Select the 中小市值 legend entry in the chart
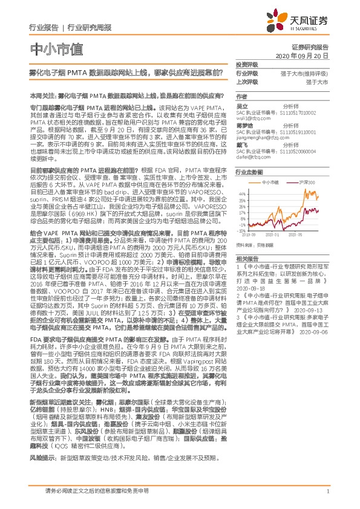click(x=269, y=181)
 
